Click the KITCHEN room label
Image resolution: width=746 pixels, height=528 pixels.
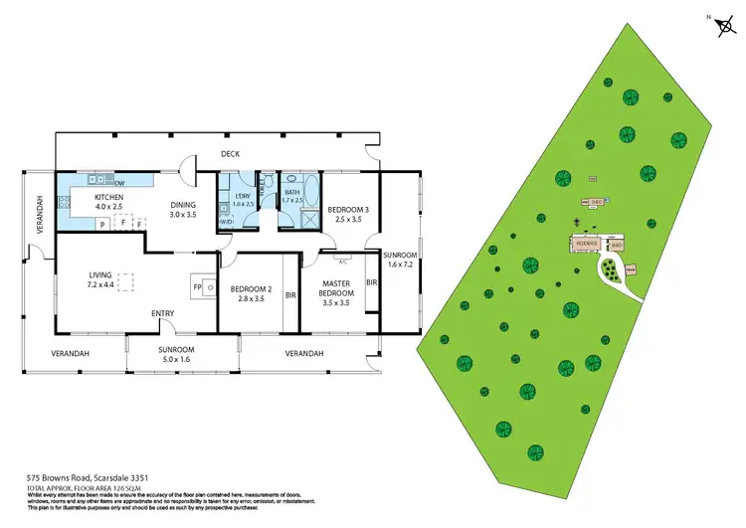[108, 198]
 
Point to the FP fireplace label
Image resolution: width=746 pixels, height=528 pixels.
[197, 288]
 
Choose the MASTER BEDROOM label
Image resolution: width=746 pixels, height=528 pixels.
[335, 287]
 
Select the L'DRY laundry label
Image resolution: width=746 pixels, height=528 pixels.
[244, 197]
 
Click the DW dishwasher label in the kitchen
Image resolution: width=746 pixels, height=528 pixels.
[119, 184]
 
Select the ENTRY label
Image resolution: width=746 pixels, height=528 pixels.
[163, 314]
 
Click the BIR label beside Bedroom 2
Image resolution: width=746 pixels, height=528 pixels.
[290, 295]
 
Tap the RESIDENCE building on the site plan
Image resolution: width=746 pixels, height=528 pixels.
[585, 243]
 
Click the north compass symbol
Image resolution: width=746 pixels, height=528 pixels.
[721, 27]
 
